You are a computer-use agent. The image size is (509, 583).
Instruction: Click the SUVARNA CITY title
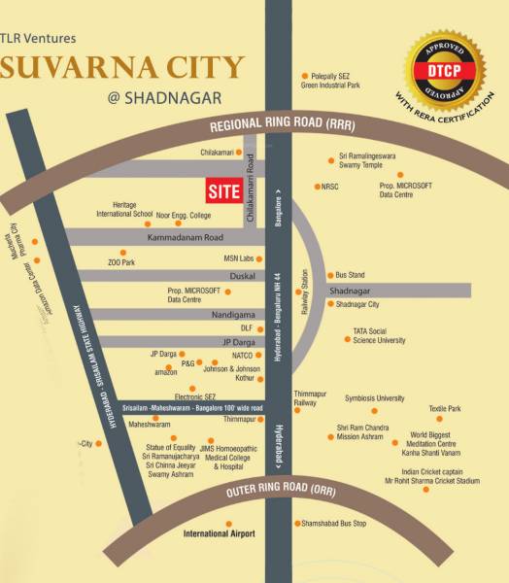[x=121, y=68]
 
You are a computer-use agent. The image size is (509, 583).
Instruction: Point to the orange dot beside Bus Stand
[x=328, y=275]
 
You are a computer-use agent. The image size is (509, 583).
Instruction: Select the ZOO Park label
[x=120, y=262]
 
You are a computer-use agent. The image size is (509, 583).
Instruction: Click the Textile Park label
[x=445, y=408]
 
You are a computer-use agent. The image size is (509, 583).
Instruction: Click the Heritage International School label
[x=124, y=208]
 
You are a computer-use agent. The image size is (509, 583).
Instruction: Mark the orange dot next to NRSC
[x=318, y=186]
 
